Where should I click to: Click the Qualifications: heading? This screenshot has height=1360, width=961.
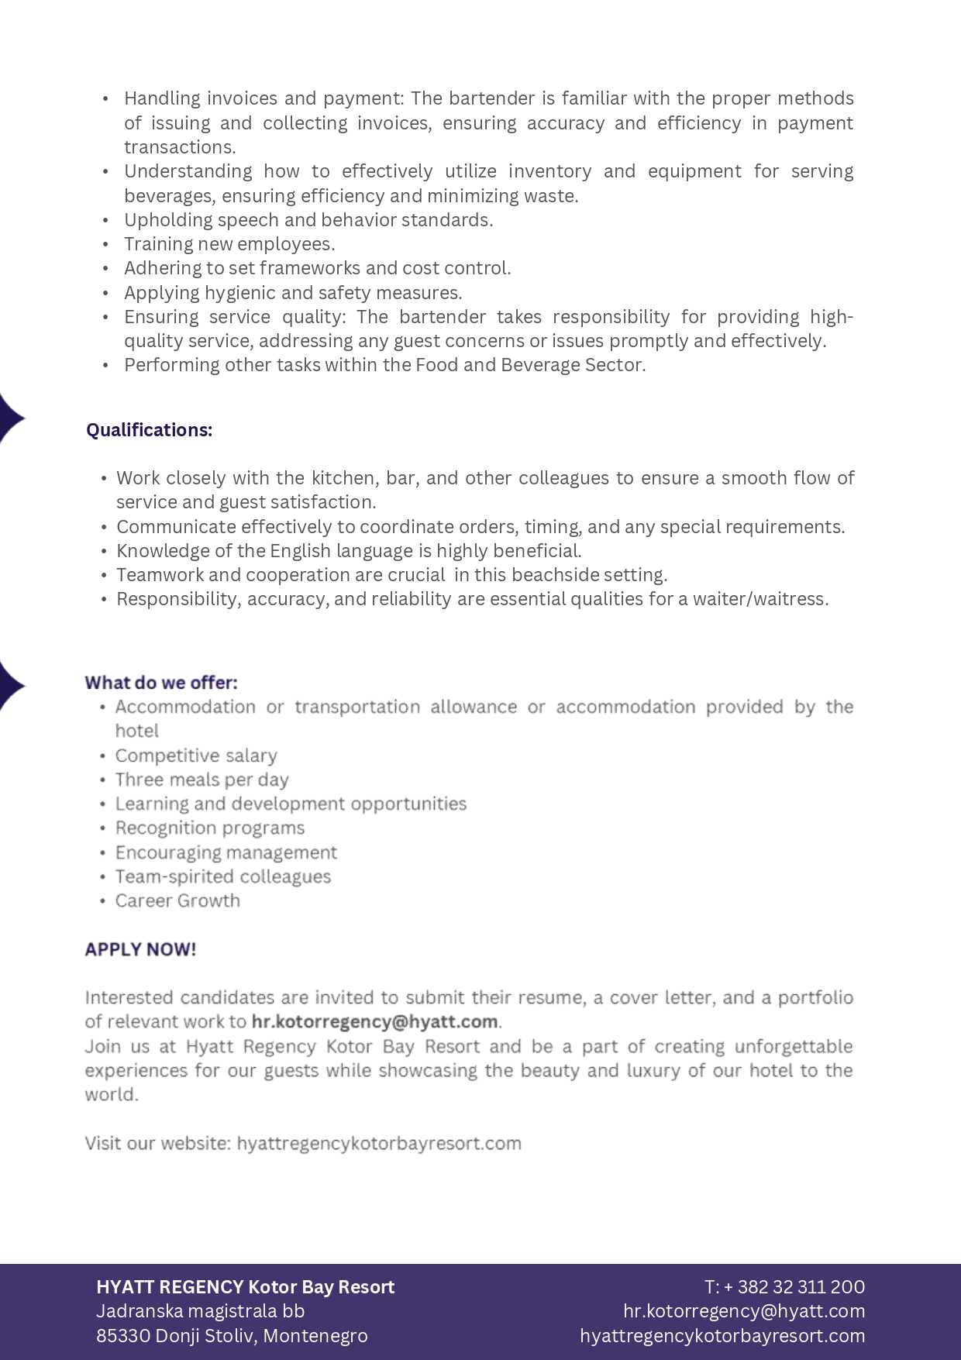click(149, 430)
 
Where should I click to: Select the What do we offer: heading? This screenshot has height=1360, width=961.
click(161, 683)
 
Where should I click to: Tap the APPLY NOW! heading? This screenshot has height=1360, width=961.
click(140, 949)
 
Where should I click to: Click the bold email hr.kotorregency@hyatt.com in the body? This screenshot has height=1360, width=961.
click(374, 1021)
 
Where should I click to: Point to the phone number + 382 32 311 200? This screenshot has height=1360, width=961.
click(794, 1287)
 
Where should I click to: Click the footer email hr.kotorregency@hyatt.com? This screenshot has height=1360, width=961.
click(744, 1311)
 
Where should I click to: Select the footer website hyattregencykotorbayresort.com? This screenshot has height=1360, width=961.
click(722, 1336)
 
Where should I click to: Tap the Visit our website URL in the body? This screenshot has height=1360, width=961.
click(379, 1143)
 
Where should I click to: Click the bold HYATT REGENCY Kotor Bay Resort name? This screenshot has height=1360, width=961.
click(246, 1287)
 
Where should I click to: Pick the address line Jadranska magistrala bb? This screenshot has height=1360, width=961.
click(200, 1311)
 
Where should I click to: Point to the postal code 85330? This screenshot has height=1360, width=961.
click(123, 1336)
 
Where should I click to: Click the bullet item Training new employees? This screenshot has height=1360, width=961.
click(229, 244)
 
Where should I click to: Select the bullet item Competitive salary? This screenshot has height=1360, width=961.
click(196, 756)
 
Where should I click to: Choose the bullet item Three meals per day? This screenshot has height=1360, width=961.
click(201, 780)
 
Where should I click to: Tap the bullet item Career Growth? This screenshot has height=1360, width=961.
click(177, 900)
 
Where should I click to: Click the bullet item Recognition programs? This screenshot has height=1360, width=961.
click(210, 828)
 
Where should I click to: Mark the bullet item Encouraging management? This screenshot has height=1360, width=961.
click(226, 852)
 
